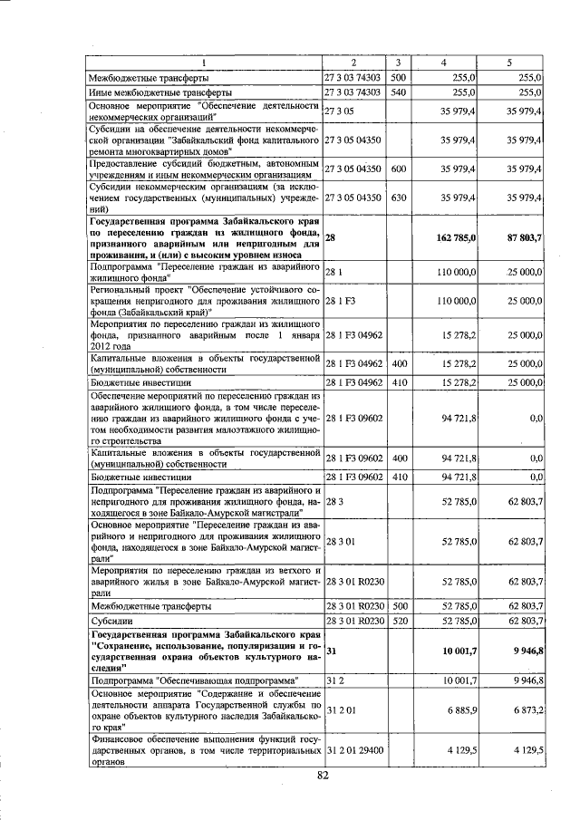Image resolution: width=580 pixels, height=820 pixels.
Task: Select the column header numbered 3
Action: click(398, 62)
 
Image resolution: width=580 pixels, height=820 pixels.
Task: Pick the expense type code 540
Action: click(398, 92)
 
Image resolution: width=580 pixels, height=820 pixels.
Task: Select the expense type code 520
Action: click(398, 621)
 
